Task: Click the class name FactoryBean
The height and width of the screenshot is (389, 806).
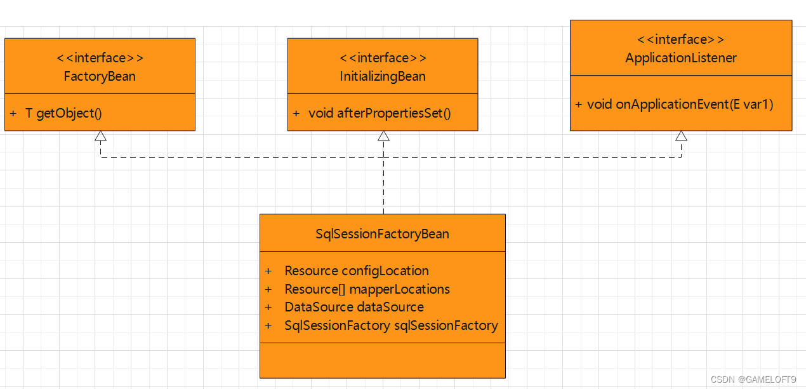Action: (100, 76)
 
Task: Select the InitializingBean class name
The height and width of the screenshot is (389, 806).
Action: (383, 76)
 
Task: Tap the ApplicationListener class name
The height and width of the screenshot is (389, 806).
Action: (681, 58)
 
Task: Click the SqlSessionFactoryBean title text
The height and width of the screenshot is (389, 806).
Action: (382, 234)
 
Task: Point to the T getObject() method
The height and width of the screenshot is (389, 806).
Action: (63, 113)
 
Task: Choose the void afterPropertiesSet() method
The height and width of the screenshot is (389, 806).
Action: (380, 113)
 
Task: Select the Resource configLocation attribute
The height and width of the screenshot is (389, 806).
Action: (357, 271)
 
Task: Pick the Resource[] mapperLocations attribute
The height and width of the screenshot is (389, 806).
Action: (367, 289)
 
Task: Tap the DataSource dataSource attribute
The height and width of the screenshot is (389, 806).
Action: (354, 307)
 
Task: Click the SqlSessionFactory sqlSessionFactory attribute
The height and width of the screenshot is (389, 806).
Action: (391, 325)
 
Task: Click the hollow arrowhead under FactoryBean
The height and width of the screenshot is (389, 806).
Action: (100, 136)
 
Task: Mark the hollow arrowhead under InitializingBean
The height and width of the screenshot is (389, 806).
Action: (383, 136)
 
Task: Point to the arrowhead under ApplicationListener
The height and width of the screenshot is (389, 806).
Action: (681, 136)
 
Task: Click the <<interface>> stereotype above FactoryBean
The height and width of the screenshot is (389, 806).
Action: (100, 58)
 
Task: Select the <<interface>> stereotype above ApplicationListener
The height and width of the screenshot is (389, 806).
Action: (681, 39)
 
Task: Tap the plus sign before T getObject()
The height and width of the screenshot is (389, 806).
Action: (13, 114)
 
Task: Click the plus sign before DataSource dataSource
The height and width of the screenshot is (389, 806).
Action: (268, 308)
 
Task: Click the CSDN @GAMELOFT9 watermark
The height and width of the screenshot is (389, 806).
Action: (753, 379)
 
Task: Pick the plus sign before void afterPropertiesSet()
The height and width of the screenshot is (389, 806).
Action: (296, 114)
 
